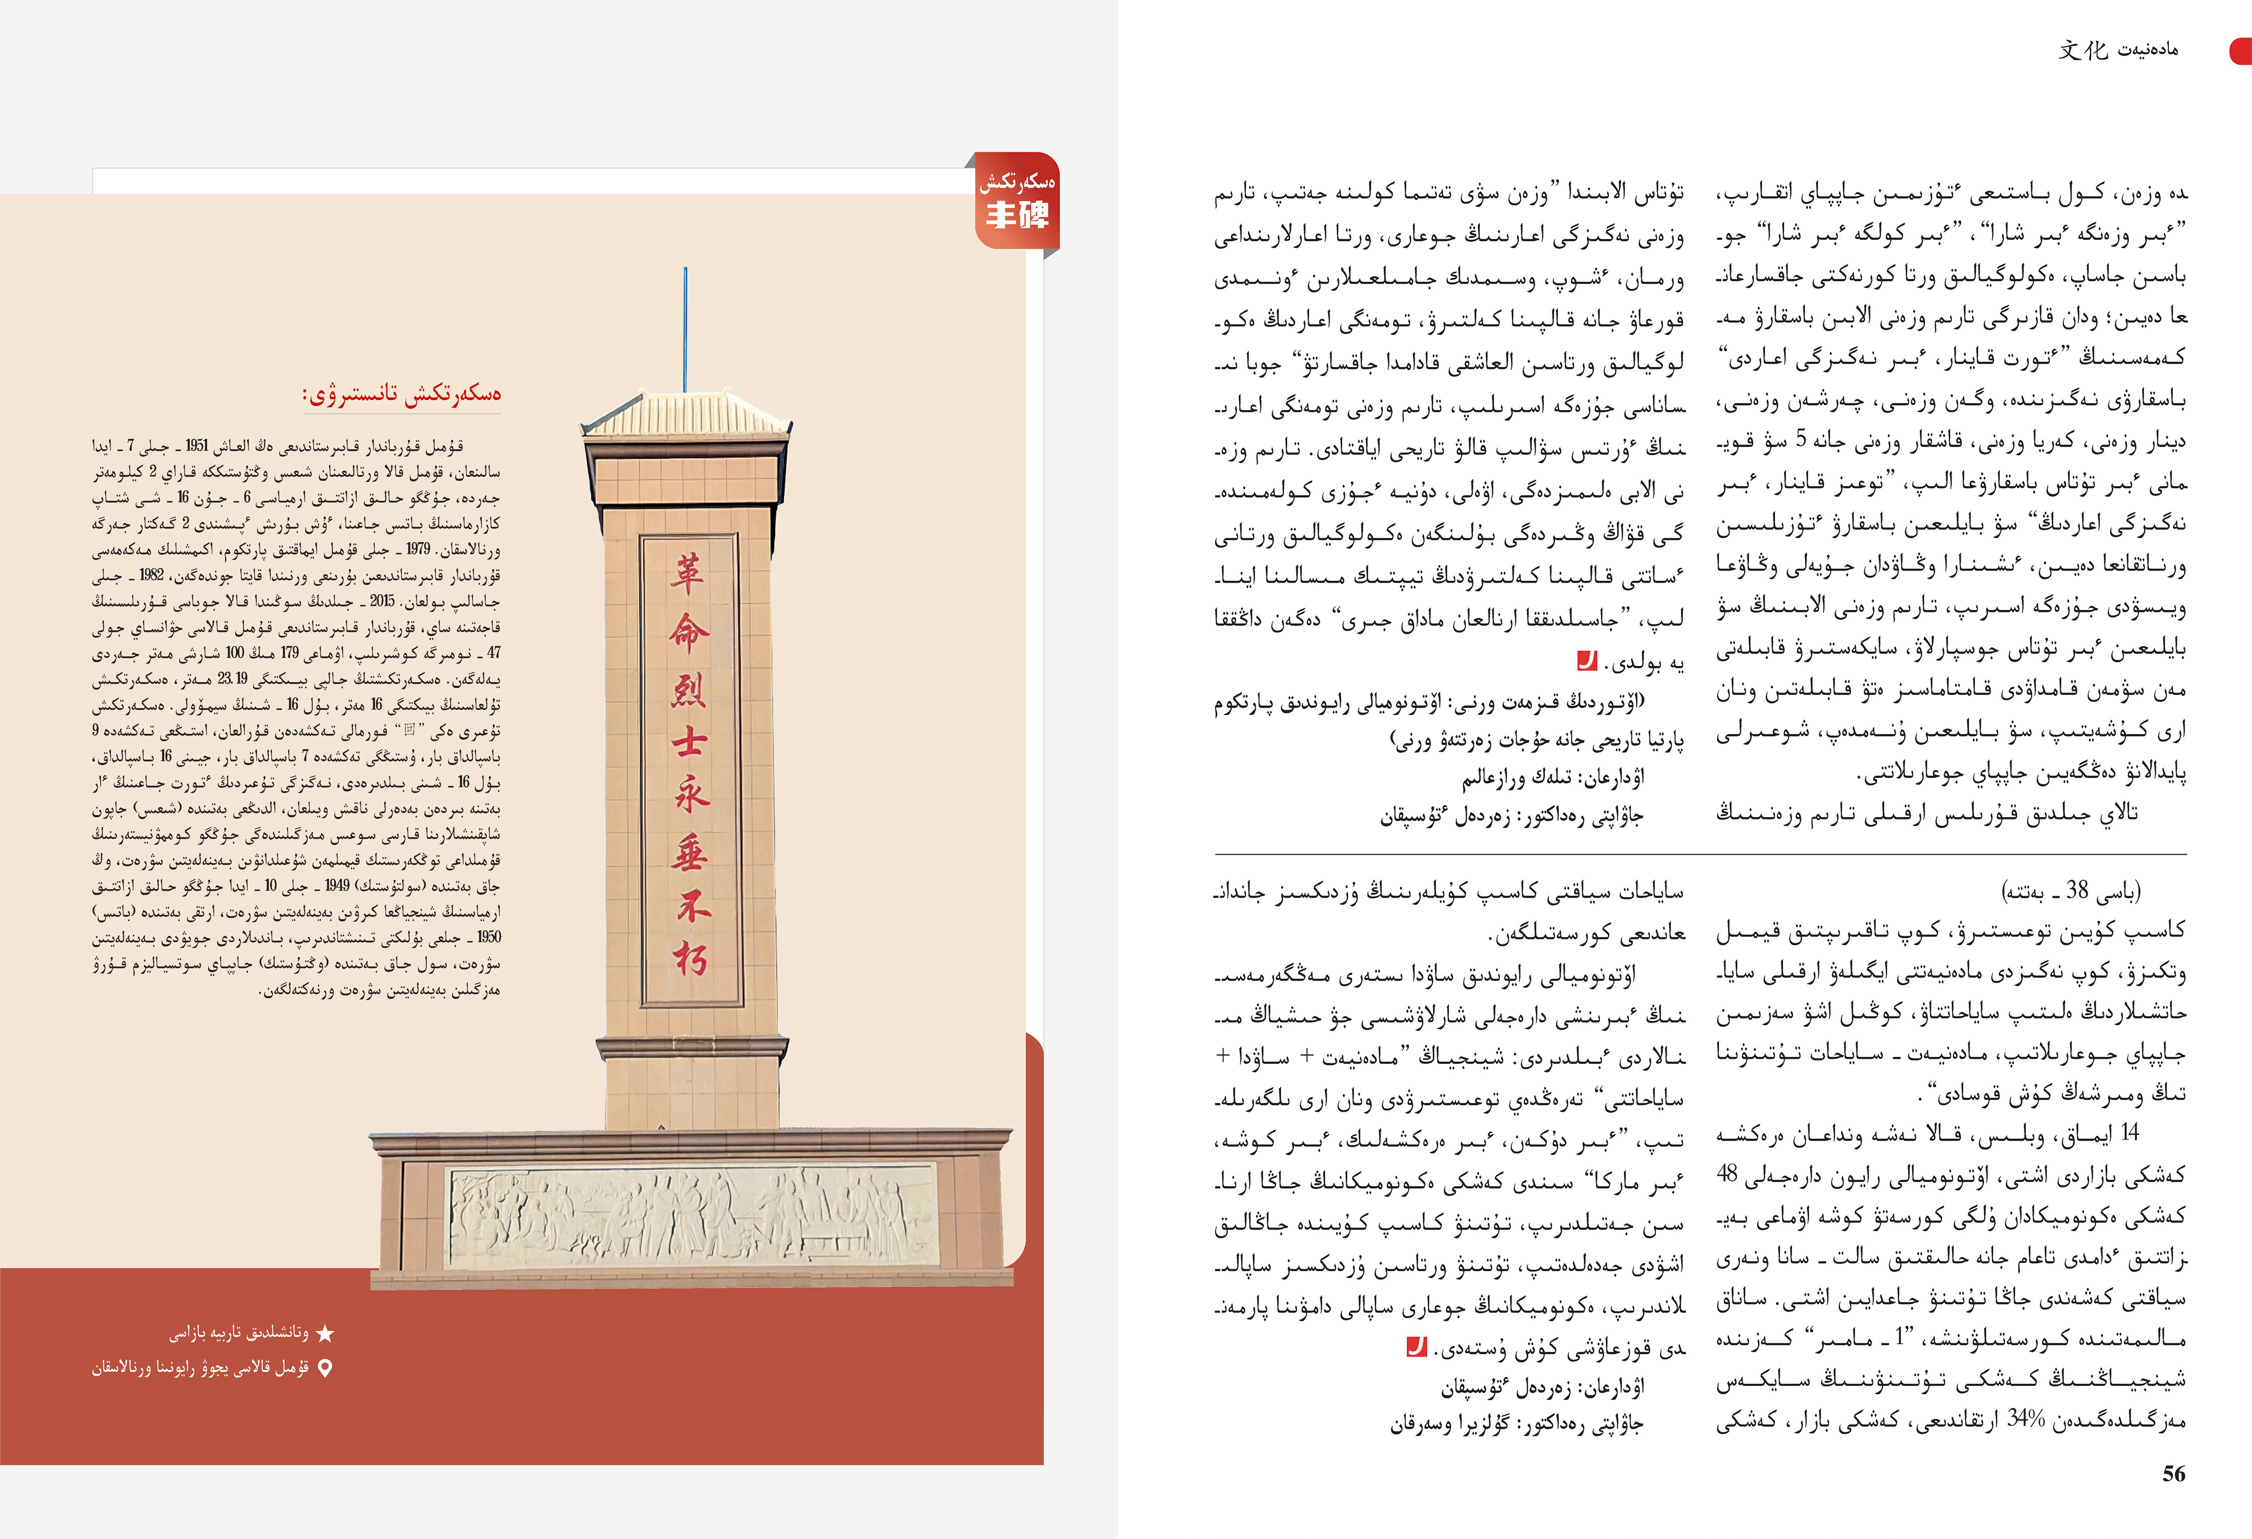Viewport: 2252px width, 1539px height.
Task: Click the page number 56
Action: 2173,1474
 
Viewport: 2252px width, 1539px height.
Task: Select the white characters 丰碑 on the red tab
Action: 1016,214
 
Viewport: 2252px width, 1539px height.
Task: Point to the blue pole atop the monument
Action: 685,329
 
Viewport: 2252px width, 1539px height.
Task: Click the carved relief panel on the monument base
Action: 693,1215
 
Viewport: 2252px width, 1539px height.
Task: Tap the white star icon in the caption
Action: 326,1335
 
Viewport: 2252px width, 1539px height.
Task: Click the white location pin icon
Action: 326,1368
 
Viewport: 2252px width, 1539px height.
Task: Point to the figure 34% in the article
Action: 2025,1419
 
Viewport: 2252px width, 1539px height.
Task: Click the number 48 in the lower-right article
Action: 1727,1174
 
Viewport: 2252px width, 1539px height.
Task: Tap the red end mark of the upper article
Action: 1586,661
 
